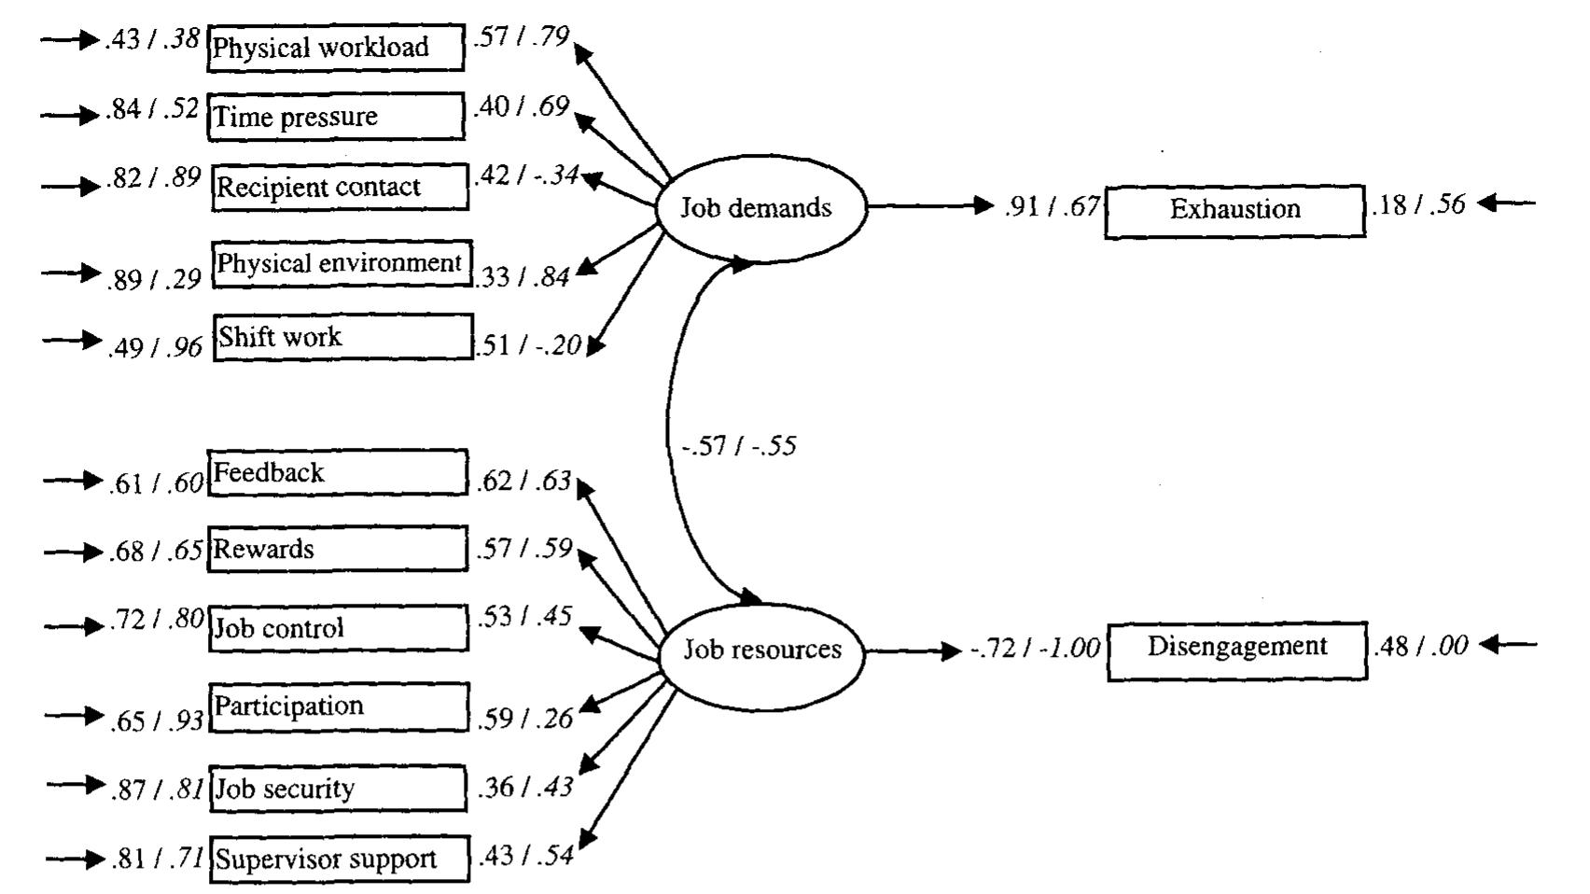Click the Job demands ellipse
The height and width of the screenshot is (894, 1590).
(760, 207)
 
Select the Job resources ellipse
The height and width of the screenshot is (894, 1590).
(761, 650)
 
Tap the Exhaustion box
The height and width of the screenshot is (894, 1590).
(1234, 210)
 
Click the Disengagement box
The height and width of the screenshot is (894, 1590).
(1236, 649)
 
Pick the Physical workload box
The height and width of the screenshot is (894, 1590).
(335, 48)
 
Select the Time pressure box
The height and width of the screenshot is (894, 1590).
(335, 117)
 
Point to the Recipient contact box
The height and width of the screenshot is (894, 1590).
(339, 188)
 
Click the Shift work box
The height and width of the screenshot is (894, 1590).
(342, 337)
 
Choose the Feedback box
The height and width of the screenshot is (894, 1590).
(337, 473)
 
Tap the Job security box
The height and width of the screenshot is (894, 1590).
(337, 789)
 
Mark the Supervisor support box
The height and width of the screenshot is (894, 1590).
(338, 859)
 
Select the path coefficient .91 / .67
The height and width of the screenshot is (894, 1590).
(1053, 206)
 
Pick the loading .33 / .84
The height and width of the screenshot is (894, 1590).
(523, 277)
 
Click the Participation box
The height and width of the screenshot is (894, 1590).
(339, 706)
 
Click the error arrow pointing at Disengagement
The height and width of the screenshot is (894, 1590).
(1508, 644)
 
